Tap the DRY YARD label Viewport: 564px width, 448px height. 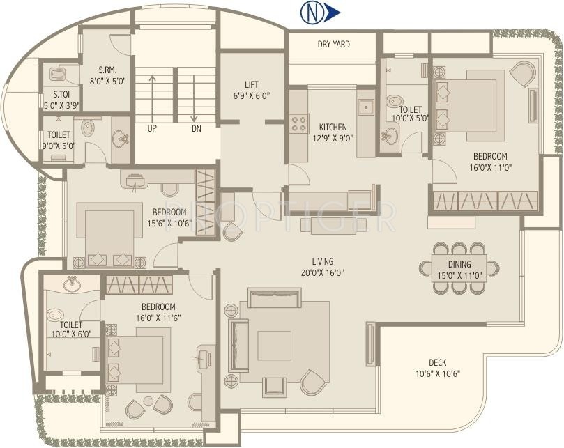tap(333, 45)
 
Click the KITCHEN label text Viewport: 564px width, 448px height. tap(333, 128)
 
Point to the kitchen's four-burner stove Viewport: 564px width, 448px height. tap(300, 123)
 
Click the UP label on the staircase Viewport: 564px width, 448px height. tap(151, 129)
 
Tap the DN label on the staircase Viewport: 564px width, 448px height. tap(196, 129)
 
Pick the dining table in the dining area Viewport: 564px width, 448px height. tap(459, 268)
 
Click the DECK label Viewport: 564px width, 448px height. tap(437, 362)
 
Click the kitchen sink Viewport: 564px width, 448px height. tap(365, 108)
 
